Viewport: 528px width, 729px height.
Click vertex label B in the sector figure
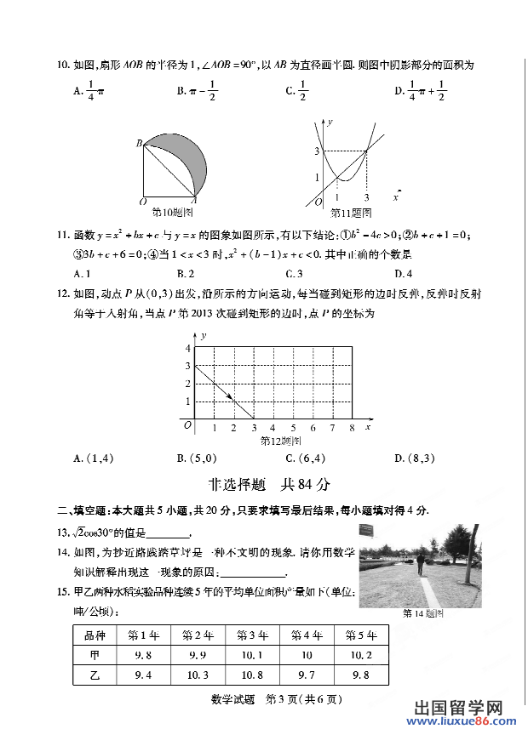(x=138, y=144)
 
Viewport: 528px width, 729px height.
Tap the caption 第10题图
(x=171, y=211)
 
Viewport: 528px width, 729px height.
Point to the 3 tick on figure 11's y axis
(x=316, y=151)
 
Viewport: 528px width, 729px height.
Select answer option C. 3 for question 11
(x=295, y=274)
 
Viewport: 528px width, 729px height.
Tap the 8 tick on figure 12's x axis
(x=352, y=428)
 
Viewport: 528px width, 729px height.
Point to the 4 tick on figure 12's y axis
(x=187, y=349)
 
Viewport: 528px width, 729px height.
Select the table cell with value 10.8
(x=251, y=675)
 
